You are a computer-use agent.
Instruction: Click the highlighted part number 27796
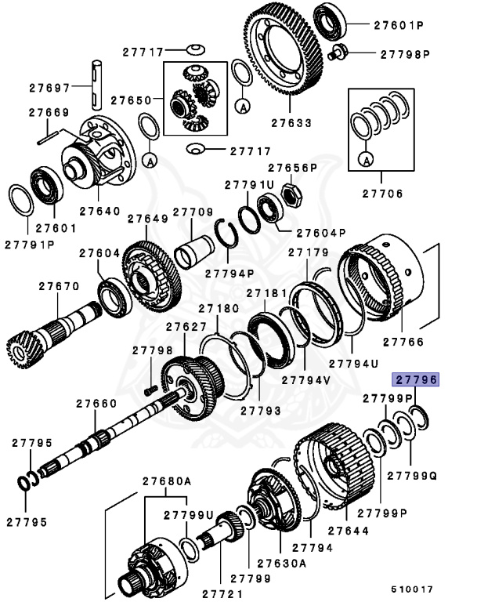click(416, 380)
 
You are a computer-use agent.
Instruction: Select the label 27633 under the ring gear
click(291, 123)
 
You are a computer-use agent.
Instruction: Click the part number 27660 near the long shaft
click(96, 404)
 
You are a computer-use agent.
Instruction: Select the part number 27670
click(59, 286)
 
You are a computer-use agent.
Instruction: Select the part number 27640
click(99, 211)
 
